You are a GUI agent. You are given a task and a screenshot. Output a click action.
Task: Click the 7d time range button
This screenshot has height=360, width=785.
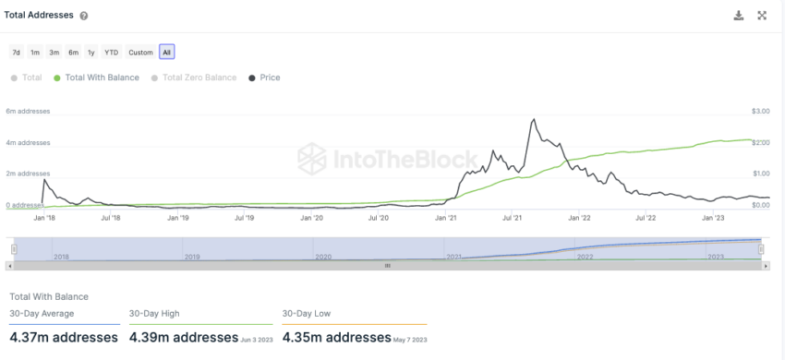point(17,52)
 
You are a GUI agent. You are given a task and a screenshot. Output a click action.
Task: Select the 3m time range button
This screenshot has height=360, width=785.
point(54,52)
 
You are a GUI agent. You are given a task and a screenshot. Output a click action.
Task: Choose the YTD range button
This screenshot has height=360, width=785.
point(111,52)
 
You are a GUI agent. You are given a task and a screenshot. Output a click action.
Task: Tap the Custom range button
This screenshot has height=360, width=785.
point(140,52)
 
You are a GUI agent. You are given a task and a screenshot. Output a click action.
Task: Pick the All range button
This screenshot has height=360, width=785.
point(166,52)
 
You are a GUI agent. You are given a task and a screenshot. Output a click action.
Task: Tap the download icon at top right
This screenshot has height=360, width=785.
point(738,16)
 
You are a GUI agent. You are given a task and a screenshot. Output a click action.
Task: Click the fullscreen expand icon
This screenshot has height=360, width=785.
point(763,16)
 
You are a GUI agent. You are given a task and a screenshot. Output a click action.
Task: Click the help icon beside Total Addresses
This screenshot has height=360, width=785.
point(84,16)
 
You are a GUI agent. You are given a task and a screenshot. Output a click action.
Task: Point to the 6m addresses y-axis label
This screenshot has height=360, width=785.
point(28,111)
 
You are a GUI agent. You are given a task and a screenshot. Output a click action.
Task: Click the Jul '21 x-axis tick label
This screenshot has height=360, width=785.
point(514,218)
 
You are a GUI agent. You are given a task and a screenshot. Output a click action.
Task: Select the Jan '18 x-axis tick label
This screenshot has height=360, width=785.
point(44,218)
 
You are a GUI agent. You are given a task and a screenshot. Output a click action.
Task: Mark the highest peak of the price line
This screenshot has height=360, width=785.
point(534,119)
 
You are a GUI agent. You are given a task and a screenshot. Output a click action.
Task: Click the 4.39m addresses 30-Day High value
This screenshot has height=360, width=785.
point(184,337)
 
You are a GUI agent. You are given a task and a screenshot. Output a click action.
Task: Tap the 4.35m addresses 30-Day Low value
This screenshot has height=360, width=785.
point(337,337)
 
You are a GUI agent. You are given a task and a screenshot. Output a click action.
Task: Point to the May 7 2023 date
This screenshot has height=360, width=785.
point(412,339)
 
